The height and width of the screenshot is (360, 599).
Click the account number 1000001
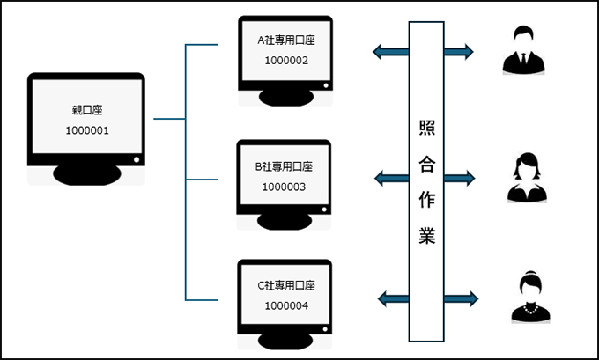point(87,129)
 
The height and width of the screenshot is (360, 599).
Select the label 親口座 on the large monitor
point(87,111)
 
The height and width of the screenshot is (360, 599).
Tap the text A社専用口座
point(285,40)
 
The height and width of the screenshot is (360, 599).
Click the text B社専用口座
point(285,165)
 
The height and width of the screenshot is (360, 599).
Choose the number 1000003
point(285,186)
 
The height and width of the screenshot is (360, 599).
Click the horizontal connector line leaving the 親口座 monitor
point(168,118)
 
